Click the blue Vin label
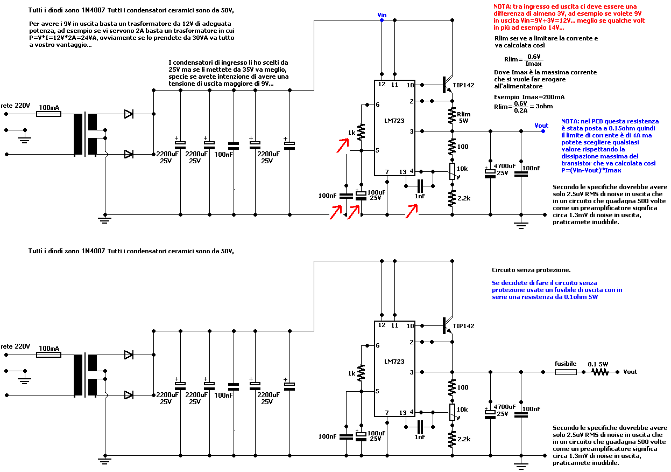pos(382,15)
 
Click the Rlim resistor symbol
pos(452,115)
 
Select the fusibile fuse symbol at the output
pos(566,372)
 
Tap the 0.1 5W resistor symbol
pos(600,372)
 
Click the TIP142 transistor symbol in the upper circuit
pos(448,85)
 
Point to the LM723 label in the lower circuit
pos(394,362)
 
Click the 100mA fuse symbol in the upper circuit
pos(48,114)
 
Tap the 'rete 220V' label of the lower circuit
pos(15,346)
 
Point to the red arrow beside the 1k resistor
pos(343,145)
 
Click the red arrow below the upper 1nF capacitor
pos(412,211)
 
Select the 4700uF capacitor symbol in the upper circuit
pos(490,173)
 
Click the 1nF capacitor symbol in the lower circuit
pos(420,427)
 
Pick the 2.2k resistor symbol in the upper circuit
pos(452,198)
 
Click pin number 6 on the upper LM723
pos(378,105)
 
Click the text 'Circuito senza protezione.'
pos(531,270)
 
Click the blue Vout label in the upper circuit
pos(541,126)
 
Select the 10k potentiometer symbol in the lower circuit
pos(453,412)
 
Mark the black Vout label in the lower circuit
pos(630,372)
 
